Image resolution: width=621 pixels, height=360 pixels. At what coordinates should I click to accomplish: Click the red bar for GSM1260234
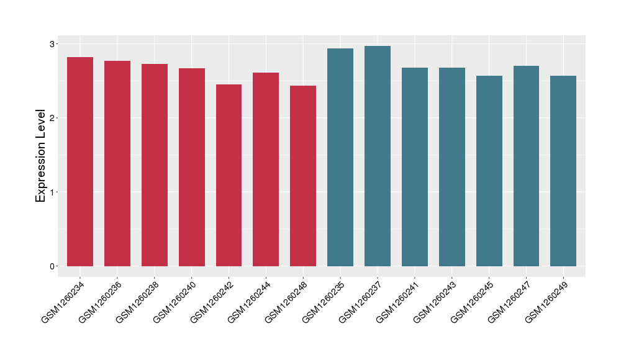point(80,161)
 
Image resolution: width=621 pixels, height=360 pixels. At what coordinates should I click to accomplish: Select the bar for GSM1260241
point(415,167)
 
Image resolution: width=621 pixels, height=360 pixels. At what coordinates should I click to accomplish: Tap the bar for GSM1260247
point(526,166)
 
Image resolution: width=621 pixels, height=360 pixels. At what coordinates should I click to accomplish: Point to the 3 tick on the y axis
point(53,44)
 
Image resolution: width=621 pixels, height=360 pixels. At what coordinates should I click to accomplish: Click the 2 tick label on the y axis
point(53,118)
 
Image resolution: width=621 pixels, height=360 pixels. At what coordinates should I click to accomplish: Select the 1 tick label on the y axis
point(53,192)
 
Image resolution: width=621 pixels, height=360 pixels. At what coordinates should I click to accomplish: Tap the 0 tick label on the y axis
point(53,266)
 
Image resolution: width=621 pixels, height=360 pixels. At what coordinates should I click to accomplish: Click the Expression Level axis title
point(41,155)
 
